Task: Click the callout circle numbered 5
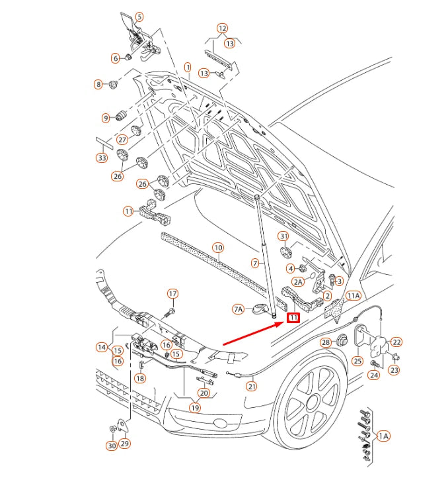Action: [139, 17]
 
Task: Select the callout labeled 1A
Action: [383, 436]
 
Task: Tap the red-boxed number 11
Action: [293, 318]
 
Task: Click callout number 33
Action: [102, 158]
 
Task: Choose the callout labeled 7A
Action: [239, 309]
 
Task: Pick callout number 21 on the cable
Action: [252, 387]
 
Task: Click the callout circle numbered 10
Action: [218, 248]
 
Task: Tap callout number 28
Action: [326, 342]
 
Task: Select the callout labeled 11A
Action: [354, 296]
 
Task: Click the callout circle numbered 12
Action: [222, 28]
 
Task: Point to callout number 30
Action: [112, 446]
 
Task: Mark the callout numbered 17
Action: [172, 293]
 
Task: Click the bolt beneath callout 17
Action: [168, 314]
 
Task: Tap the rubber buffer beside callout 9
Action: [121, 115]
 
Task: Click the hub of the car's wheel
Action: [312, 403]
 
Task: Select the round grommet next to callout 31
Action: [286, 252]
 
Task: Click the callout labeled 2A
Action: [298, 281]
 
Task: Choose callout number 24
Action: [374, 375]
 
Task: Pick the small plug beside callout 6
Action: [129, 56]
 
